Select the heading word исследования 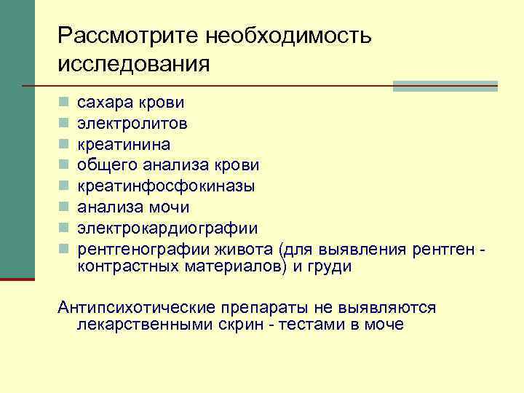pos(134,63)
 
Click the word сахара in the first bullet pos(105,102)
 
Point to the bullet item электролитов pos(132,123)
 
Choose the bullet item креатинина pos(124,144)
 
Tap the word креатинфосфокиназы pos(166,186)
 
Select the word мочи pos(172,207)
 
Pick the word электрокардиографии pos(167,229)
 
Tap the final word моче pos(383,325)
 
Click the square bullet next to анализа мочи pos(64,207)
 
